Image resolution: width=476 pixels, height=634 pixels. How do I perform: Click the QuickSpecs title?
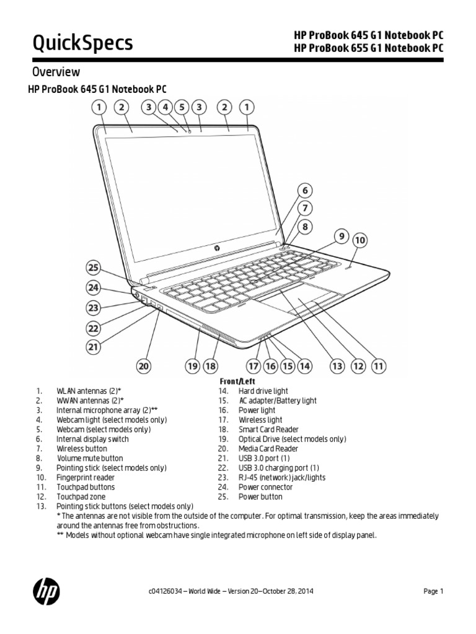(82, 42)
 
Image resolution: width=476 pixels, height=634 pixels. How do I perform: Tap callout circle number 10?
(359, 240)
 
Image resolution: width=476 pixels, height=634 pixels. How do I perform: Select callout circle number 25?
(93, 268)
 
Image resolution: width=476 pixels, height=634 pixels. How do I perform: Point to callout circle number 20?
(144, 366)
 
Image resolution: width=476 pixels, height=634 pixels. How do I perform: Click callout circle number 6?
(304, 191)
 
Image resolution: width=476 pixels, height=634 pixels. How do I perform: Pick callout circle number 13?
(337, 366)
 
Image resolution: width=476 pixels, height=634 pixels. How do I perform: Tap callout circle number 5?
(182, 108)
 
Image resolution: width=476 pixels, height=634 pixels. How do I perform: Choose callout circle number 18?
(211, 366)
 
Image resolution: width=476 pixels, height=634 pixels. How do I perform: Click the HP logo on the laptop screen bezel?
(218, 247)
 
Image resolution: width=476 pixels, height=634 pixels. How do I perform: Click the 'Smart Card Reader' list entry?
(268, 429)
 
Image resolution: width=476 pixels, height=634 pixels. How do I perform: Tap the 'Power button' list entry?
(260, 497)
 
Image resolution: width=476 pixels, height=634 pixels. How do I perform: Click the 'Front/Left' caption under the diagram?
(237, 382)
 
